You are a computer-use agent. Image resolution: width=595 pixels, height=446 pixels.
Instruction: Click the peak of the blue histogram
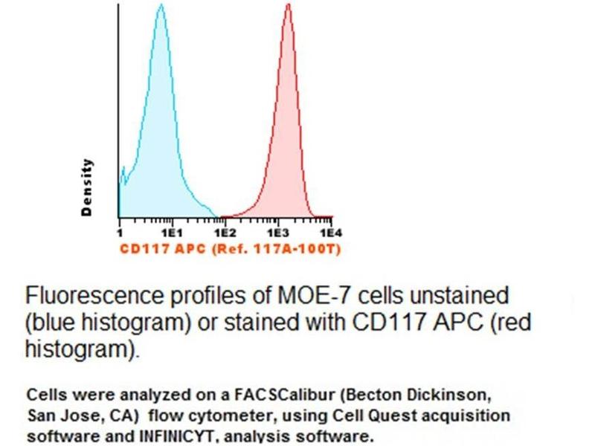click(x=161, y=7)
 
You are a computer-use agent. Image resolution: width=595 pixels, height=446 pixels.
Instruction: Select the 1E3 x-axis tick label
click(x=277, y=232)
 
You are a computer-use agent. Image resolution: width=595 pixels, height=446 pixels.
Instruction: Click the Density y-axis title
click(x=88, y=187)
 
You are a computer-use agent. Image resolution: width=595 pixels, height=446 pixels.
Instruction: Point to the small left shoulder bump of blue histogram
click(x=123, y=172)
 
